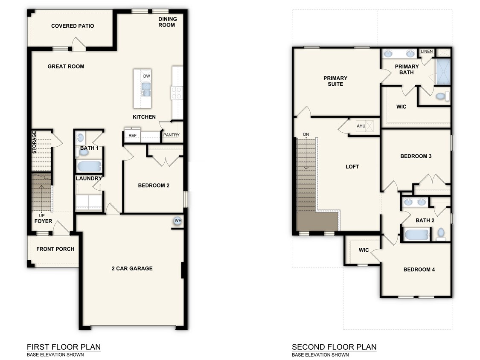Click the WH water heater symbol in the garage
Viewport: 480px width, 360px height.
pos(177,221)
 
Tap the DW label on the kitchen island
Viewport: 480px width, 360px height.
pos(146,76)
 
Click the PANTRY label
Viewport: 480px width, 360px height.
pos(171,135)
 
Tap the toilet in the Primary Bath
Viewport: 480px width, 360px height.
pos(442,96)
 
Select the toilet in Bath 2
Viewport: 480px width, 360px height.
pos(441,233)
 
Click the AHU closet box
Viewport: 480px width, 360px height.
pos(361,126)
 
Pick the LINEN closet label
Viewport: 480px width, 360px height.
pos(427,52)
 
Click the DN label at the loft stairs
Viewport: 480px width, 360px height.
pos(306,134)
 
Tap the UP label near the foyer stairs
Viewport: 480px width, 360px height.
pos(42,215)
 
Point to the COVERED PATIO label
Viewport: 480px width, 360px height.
pos(73,26)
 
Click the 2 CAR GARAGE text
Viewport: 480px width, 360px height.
pos(132,268)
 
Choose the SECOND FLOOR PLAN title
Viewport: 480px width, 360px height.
pos(334,347)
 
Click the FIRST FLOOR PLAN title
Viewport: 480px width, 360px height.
pos(64,347)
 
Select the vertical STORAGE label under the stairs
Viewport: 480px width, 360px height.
pos(35,142)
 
